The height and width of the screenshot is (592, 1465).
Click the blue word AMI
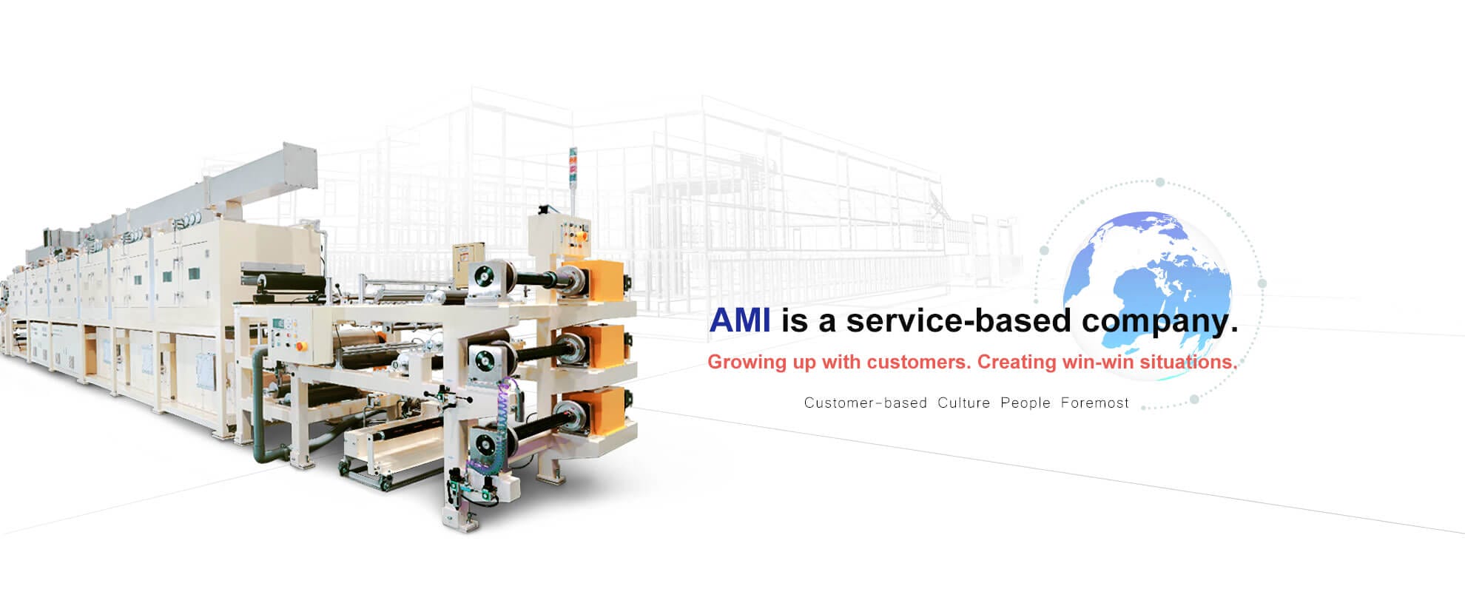coord(739,320)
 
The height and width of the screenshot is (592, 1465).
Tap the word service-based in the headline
coord(958,320)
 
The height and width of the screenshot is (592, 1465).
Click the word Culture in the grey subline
coord(963,403)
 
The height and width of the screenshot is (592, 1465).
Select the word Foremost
coord(1095,403)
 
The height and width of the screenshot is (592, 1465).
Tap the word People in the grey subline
coord(1025,403)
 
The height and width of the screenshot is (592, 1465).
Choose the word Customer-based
coord(866,403)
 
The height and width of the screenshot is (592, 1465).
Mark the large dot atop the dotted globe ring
coord(1160,182)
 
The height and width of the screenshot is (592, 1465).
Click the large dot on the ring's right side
coord(1262,283)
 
